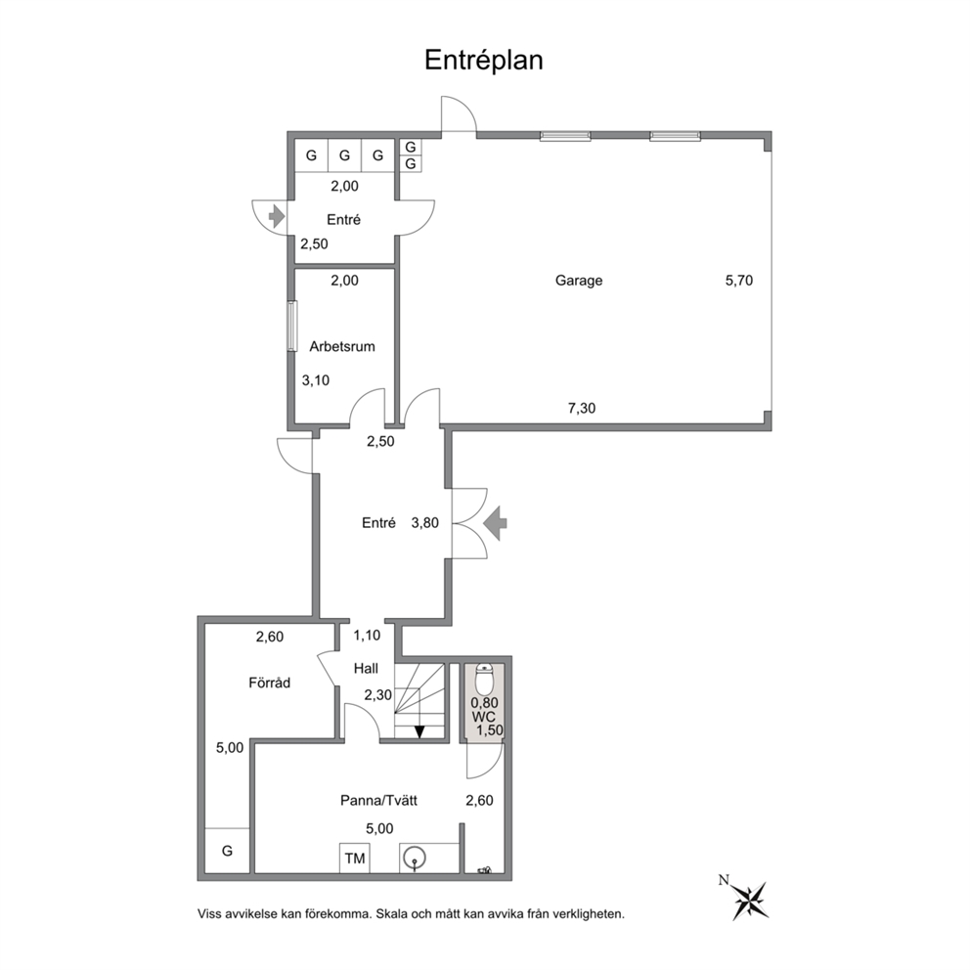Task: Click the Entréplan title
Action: pyautogui.click(x=483, y=61)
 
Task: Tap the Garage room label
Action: pyautogui.click(x=579, y=281)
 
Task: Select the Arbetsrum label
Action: pyautogui.click(x=342, y=346)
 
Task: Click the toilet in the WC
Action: pyautogui.click(x=484, y=679)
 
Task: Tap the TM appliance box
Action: pyautogui.click(x=354, y=859)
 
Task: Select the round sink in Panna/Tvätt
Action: pyautogui.click(x=414, y=859)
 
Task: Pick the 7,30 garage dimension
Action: pyautogui.click(x=582, y=409)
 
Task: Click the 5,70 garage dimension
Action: pyautogui.click(x=740, y=281)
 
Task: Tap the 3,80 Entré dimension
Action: pyautogui.click(x=425, y=523)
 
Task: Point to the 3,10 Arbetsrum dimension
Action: pyautogui.click(x=315, y=381)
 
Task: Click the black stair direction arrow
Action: pyautogui.click(x=419, y=730)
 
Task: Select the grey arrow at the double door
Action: pyautogui.click(x=497, y=523)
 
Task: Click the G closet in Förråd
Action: pyautogui.click(x=227, y=852)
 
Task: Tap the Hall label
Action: pyautogui.click(x=367, y=669)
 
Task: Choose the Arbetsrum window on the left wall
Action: pyautogui.click(x=291, y=327)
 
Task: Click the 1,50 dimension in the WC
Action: pyautogui.click(x=489, y=729)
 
